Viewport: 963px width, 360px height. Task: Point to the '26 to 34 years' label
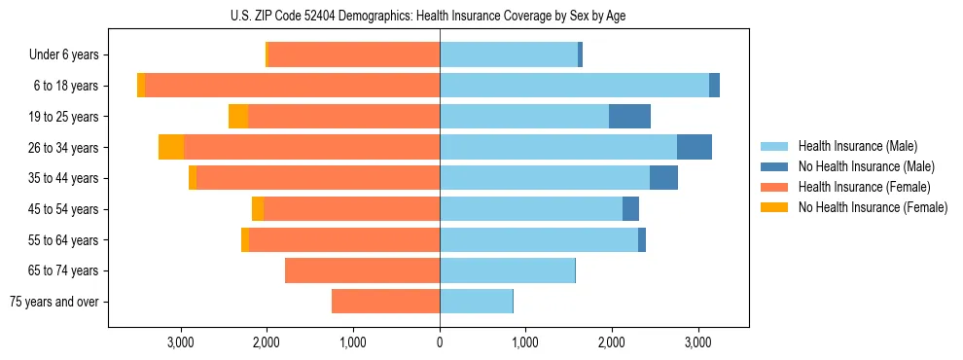click(63, 148)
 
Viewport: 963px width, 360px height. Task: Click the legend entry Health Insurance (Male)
click(857, 146)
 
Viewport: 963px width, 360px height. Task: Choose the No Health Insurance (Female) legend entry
click(873, 207)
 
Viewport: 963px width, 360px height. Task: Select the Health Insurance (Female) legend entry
click(864, 187)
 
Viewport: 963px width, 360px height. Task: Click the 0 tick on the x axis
click(440, 342)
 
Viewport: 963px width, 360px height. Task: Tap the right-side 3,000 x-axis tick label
click(697, 342)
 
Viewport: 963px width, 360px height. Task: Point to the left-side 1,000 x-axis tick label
click(353, 342)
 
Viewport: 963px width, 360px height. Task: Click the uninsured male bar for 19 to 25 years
click(629, 117)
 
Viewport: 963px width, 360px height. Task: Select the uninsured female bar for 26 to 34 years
click(171, 148)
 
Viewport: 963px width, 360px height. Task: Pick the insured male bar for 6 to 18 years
click(574, 86)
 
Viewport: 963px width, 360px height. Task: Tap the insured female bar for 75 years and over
click(385, 302)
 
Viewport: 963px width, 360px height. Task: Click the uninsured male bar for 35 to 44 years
click(663, 178)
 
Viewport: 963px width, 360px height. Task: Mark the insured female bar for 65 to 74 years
click(362, 270)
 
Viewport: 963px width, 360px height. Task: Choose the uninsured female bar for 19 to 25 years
click(238, 117)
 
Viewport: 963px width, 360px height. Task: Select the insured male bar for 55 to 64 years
click(539, 239)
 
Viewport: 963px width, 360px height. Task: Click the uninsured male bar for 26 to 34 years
click(695, 148)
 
